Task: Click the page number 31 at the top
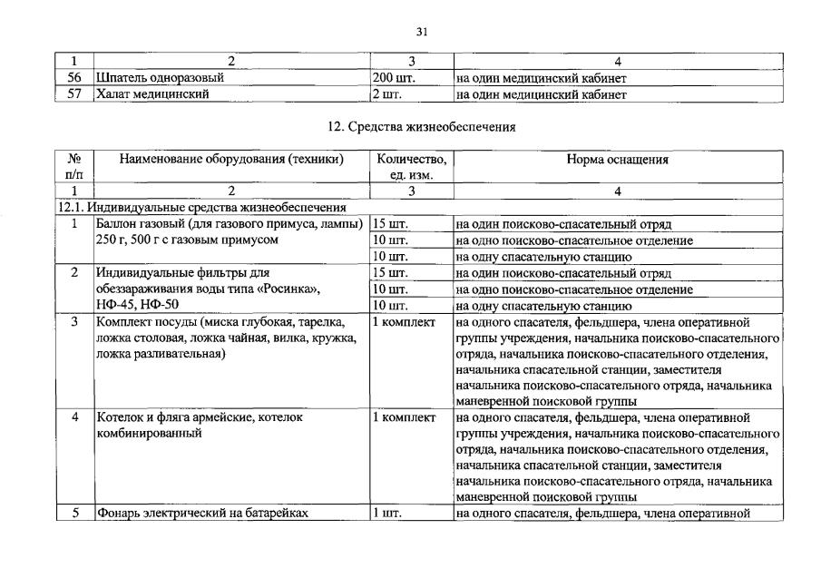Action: tap(421, 32)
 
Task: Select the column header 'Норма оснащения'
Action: tap(617, 160)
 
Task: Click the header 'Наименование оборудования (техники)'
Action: tap(231, 160)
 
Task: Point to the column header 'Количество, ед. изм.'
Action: tap(411, 167)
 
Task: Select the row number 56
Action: tap(74, 78)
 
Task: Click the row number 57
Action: tap(74, 94)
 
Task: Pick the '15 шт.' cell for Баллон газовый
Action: tap(390, 224)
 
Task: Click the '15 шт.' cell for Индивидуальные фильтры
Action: tap(390, 273)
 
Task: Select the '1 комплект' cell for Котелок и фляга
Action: tap(404, 418)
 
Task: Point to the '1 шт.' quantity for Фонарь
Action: tap(386, 514)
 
